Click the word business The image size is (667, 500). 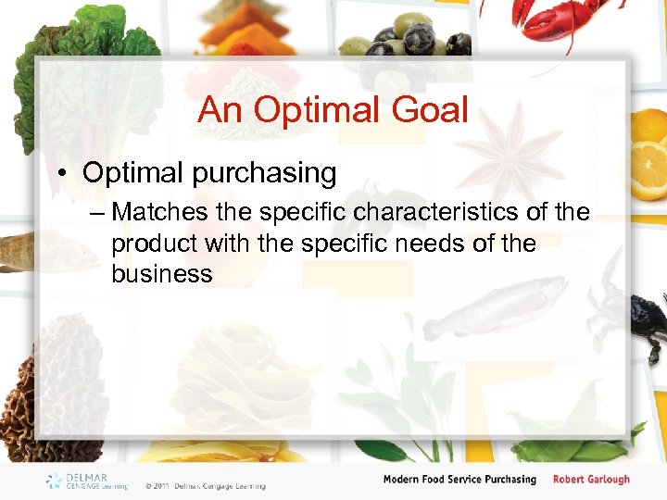point(161,274)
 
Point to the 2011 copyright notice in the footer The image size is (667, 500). point(205,485)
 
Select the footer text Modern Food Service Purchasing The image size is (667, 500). point(459,480)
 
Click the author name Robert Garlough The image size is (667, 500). point(591,480)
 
